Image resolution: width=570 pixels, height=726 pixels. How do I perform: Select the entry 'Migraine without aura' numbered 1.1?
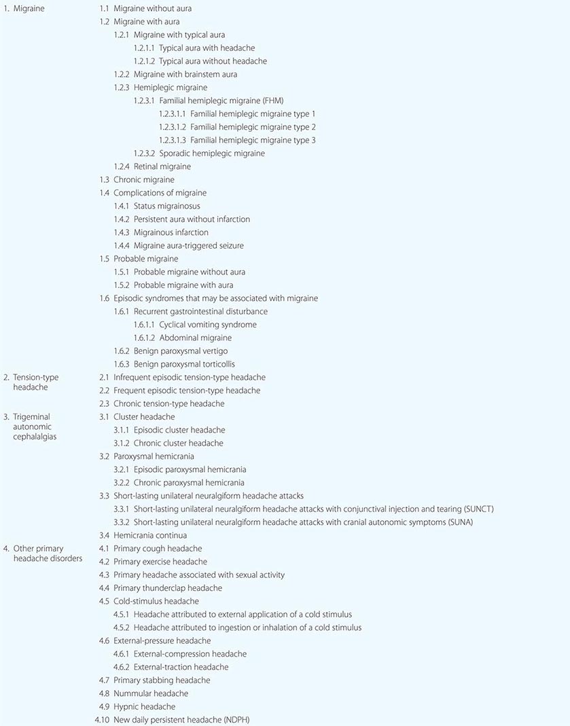(152, 9)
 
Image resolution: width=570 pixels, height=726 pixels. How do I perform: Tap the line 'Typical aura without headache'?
(213, 61)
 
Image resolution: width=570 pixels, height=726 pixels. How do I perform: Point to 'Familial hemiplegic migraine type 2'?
(253, 127)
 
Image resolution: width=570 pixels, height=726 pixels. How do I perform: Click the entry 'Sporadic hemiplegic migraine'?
(212, 153)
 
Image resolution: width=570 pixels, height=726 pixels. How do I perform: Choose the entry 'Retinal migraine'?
(162, 166)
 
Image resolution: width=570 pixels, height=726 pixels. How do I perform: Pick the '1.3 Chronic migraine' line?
(137, 180)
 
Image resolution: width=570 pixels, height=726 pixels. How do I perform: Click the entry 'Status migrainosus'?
(166, 206)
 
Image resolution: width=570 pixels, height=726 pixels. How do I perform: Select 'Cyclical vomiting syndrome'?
(208, 325)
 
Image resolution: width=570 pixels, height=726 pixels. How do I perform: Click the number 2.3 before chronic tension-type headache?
(104, 403)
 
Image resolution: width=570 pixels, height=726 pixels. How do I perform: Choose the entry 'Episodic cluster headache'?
(179, 430)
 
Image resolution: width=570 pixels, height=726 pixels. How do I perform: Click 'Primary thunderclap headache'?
(168, 588)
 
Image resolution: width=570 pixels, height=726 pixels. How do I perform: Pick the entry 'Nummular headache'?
(151, 693)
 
